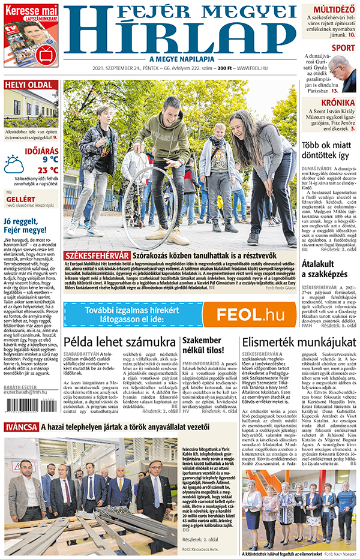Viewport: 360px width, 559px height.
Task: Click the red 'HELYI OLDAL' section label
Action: click(x=31, y=85)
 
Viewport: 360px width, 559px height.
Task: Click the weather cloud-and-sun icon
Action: click(x=14, y=164)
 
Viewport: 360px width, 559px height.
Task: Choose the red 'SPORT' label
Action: click(x=343, y=47)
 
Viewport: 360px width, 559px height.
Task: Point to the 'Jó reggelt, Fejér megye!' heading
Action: click(x=29, y=226)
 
